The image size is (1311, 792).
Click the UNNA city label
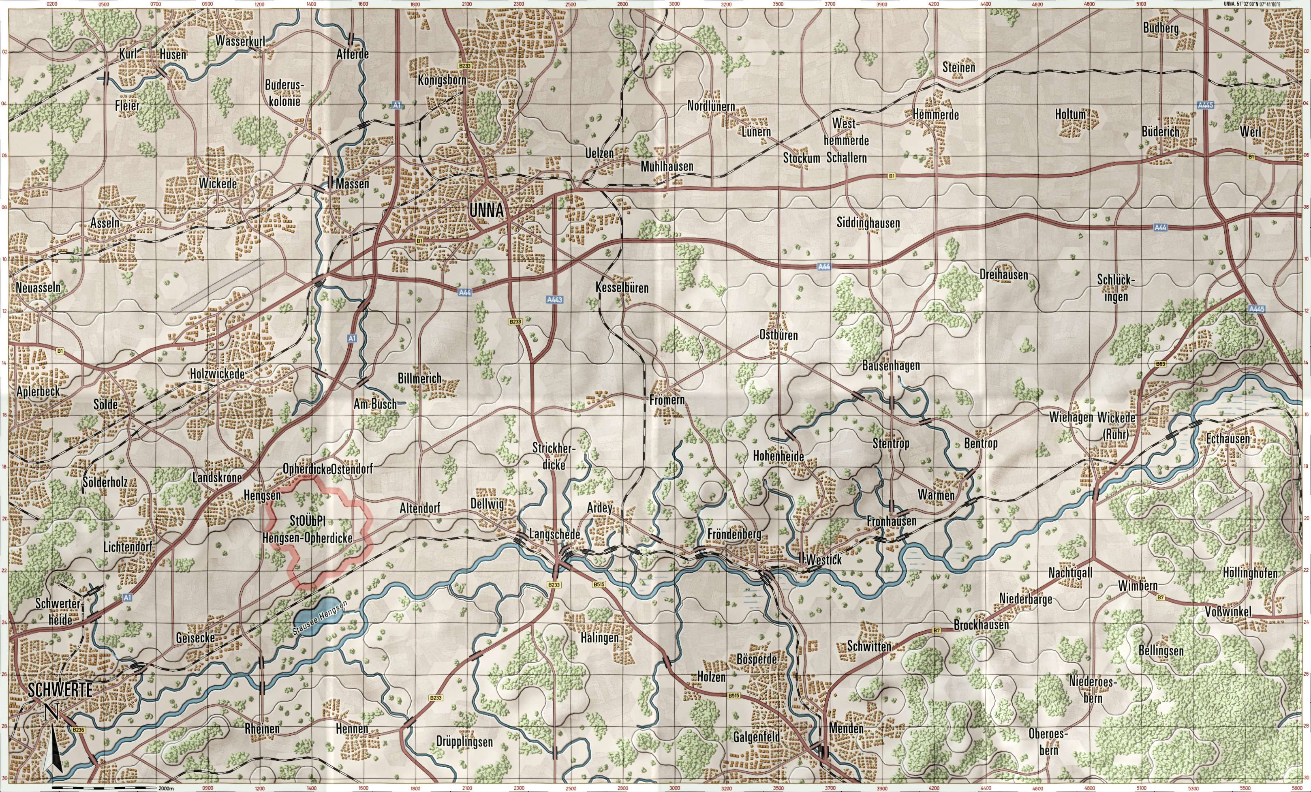click(x=486, y=211)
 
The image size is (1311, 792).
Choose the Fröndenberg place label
click(x=734, y=534)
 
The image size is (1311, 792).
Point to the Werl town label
click(x=1250, y=131)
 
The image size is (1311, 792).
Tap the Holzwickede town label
click(x=218, y=374)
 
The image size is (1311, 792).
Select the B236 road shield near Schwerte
click(x=78, y=730)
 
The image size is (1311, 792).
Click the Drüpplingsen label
click(x=464, y=741)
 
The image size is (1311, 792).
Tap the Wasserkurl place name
click(x=240, y=41)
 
